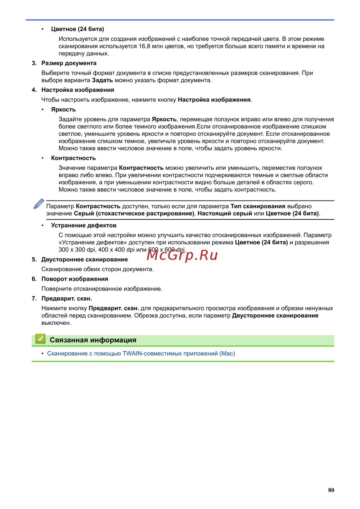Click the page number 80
coord(331,490)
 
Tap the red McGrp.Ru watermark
coord(182,255)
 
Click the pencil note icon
coord(39,204)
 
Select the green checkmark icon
coord(40,339)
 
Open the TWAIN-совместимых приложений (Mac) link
coord(141,353)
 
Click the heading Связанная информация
coord(93,340)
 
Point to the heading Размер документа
coord(69,63)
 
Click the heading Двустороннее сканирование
coord(85,260)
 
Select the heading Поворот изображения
coord(75,279)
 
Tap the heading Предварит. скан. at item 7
coord(67,298)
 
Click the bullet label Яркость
coord(63,109)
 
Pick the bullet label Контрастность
coord(73,158)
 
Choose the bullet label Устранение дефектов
coord(84,225)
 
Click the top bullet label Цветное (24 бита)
coord(77,29)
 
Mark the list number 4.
coord(34,90)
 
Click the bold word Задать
coord(102,80)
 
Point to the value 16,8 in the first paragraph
coord(144,46)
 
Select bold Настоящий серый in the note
coord(225,213)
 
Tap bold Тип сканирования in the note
coord(258,206)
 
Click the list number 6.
coord(34,279)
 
